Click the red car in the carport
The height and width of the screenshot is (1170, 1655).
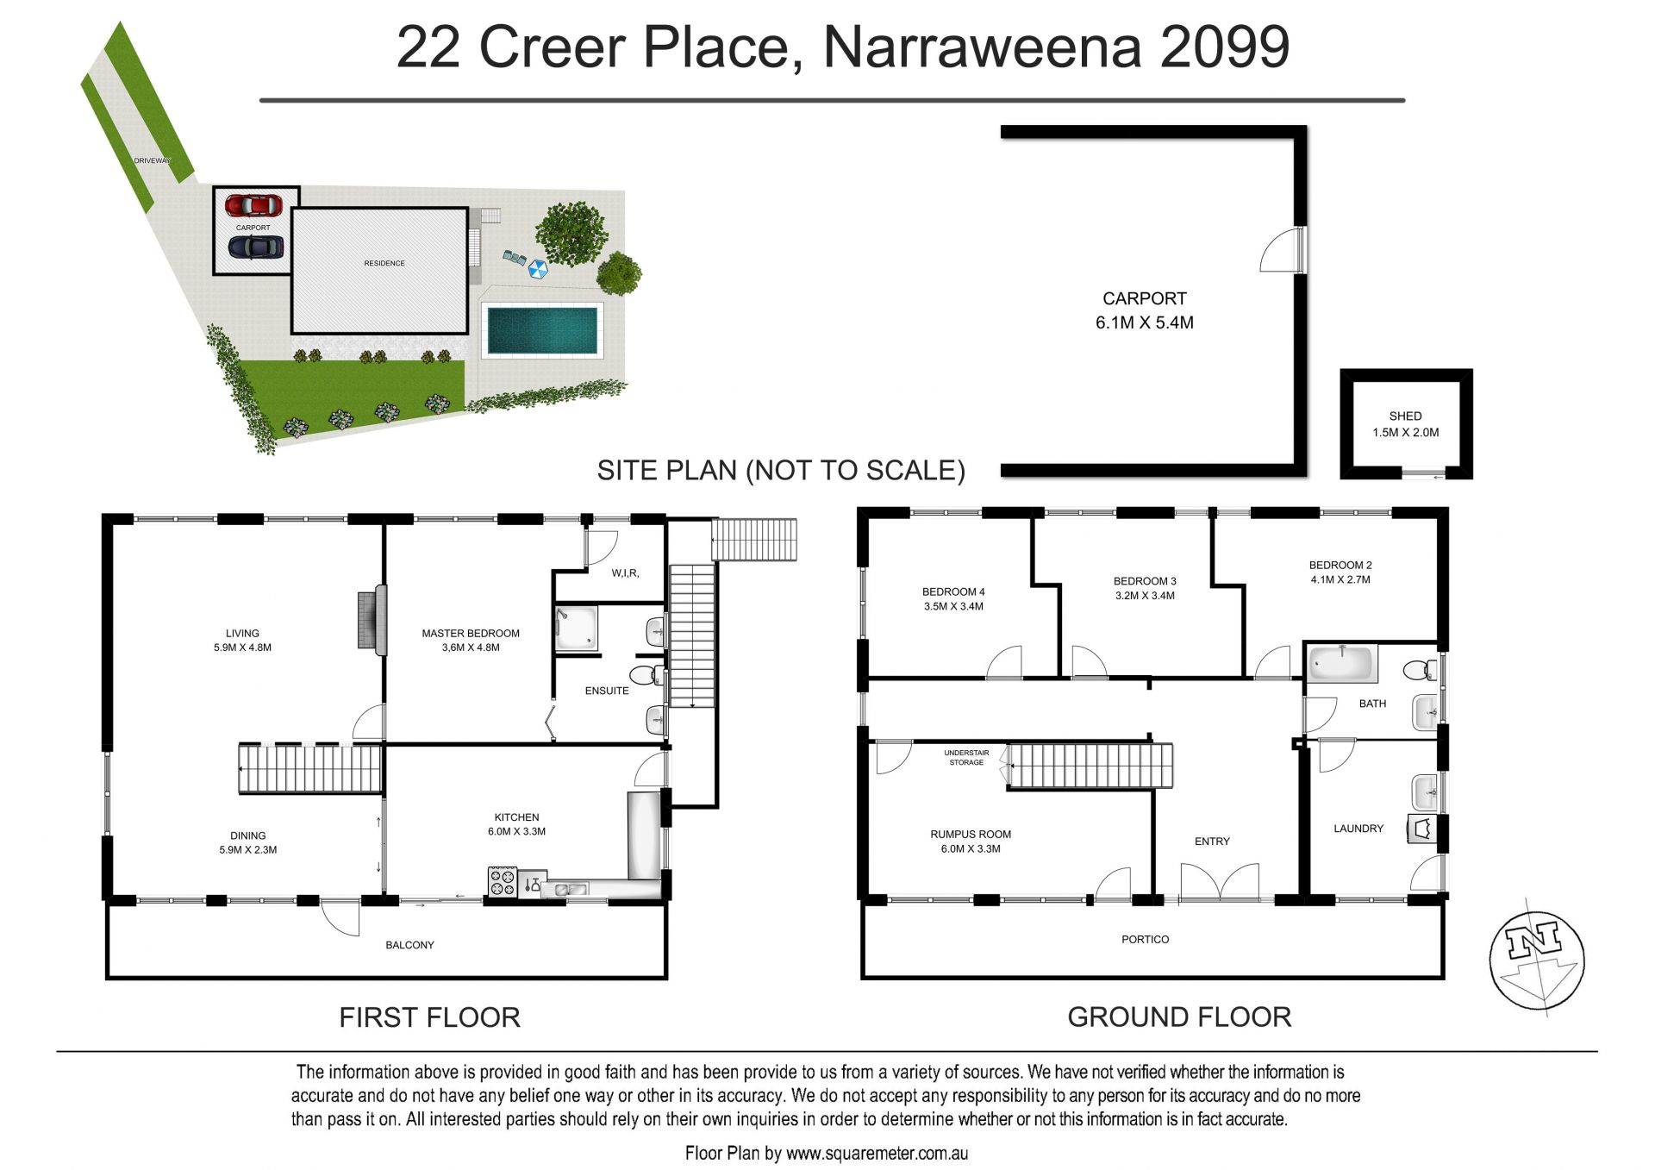point(253,206)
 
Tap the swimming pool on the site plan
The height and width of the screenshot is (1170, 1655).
point(542,330)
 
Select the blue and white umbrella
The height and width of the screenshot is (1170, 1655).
point(538,269)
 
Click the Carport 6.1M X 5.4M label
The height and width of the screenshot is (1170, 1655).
point(1145,310)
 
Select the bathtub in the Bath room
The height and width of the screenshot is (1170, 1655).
point(1341,664)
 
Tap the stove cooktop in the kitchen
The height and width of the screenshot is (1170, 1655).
point(503,882)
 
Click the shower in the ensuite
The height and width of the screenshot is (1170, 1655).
point(576,629)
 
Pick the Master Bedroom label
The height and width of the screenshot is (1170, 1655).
point(471,640)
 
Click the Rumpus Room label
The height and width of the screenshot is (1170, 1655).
point(971,841)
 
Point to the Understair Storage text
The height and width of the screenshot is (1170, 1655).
point(966,757)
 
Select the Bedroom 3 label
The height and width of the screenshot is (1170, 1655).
point(1145,588)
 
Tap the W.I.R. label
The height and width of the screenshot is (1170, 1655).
point(625,573)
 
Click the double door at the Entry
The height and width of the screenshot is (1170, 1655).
point(1219,883)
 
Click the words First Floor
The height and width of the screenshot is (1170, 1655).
point(429,1017)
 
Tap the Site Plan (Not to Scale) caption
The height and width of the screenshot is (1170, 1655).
point(781,470)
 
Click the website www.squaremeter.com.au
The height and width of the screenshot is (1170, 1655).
point(877,1153)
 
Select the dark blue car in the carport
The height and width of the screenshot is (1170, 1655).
point(255,247)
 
